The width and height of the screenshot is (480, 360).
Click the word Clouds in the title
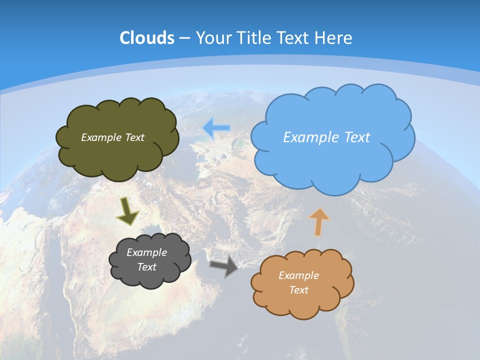point(146,38)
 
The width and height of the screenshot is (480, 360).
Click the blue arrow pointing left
point(216,128)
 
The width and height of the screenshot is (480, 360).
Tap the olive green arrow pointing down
point(127,211)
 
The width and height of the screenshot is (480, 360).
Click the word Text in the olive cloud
point(134,137)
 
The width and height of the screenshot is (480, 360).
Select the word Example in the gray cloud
point(146,252)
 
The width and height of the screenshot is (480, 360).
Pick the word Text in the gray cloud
point(146,267)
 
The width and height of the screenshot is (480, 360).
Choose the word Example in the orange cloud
point(298,275)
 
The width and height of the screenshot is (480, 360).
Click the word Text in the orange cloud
point(298,290)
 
